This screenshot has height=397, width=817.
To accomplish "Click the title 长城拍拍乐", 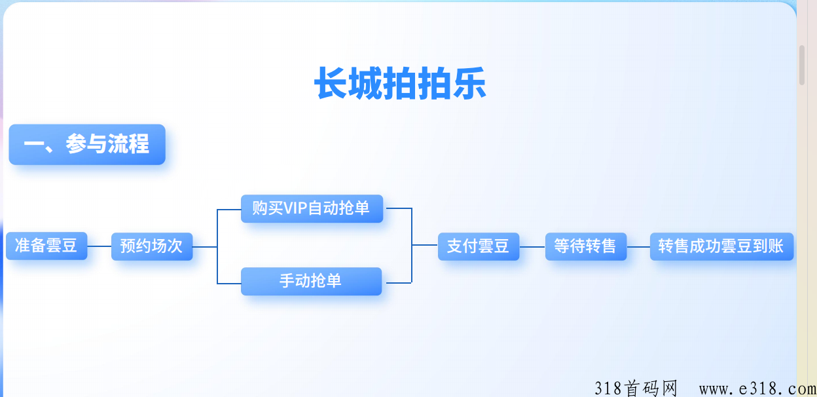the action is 400,83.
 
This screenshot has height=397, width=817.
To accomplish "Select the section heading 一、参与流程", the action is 87,145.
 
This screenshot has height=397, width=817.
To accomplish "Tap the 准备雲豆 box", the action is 46,246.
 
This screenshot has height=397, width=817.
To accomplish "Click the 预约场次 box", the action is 152,247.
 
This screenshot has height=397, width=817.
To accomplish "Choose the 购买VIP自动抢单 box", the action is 312,209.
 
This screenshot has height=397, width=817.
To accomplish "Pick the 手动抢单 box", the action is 311,281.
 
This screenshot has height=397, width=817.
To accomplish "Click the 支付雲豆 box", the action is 479,247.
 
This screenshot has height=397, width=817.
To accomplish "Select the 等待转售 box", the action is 586,247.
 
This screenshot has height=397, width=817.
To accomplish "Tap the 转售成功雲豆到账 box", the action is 721,247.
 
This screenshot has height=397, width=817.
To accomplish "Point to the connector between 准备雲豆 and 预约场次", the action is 100,246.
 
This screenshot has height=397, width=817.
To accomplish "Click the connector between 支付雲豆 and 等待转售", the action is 532,247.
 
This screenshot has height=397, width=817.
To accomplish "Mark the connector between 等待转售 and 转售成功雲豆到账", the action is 638,247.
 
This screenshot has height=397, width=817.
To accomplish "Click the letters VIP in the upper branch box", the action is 295,208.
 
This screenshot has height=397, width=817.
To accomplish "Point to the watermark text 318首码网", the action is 636,388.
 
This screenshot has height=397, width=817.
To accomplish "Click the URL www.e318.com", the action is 758,389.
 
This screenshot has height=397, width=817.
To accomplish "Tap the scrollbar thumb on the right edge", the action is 802,66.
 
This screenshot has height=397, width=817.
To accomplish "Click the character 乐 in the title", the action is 470,83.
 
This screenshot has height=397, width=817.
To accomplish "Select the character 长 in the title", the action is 331,83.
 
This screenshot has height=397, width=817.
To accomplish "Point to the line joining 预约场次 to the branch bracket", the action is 205,247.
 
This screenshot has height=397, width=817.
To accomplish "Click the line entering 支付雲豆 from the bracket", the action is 425,245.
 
